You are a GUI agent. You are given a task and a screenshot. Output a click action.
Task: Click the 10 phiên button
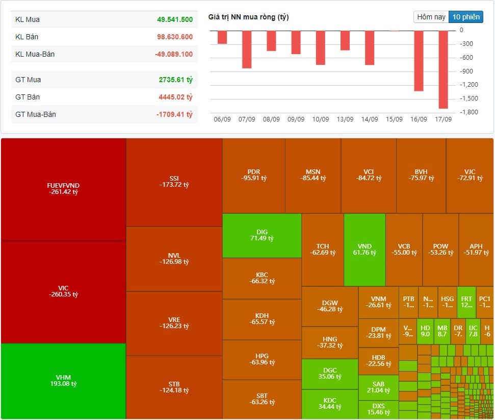466,17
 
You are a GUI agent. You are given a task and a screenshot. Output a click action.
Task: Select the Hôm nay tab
431,17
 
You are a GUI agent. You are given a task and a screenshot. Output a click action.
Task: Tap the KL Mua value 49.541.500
175,19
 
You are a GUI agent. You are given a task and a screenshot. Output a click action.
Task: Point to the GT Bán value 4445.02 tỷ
175,97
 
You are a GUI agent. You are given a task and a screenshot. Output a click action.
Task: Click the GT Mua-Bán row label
36,114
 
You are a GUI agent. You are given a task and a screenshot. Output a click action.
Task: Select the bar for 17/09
443,69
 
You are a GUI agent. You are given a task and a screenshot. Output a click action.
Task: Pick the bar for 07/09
247,49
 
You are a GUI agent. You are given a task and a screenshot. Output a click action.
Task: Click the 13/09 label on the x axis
345,119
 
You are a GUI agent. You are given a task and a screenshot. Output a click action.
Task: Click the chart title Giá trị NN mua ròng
248,17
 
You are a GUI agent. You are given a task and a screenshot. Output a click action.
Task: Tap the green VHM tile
63,381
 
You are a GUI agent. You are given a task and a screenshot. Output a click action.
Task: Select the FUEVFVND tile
63,189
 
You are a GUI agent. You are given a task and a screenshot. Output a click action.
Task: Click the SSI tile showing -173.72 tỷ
174,182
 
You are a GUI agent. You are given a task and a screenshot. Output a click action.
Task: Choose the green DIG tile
262,235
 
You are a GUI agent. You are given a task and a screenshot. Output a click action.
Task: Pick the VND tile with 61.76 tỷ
364,250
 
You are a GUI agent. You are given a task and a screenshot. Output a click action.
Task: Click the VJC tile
470,175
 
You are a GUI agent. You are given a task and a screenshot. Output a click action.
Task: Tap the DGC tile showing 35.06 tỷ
329,374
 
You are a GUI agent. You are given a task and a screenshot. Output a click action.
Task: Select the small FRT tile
466,302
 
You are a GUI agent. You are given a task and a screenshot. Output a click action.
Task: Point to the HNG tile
329,342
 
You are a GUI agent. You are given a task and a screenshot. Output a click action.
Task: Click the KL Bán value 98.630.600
175,37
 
